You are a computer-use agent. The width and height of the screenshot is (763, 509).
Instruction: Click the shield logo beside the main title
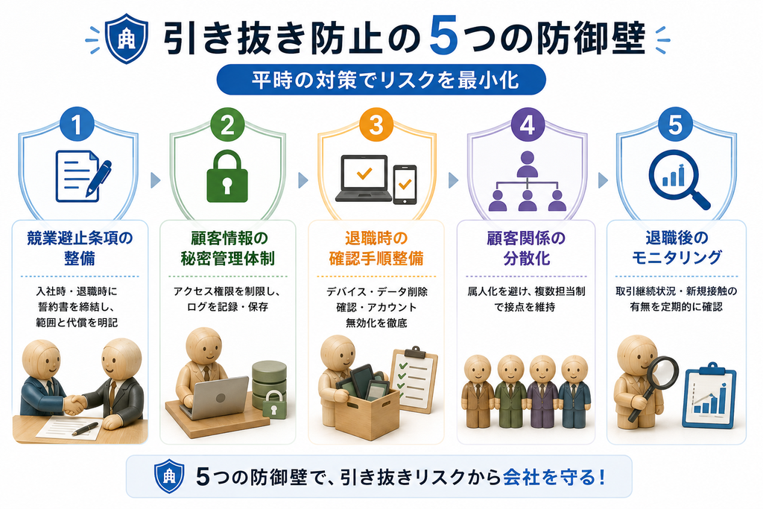point(127,39)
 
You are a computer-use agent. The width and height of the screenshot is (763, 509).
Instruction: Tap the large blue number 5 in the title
point(444,36)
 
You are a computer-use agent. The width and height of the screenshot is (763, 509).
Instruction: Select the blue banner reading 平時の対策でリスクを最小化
point(381,79)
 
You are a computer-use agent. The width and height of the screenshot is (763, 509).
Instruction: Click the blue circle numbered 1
point(77,124)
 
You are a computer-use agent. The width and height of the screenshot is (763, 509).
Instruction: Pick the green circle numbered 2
point(227,124)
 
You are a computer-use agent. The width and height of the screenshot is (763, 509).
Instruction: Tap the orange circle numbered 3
point(376,124)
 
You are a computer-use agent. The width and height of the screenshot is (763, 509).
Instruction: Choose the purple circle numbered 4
point(527,124)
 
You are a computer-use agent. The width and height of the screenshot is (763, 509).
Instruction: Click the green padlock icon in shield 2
point(227,176)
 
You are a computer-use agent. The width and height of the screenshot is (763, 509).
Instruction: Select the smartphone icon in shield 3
point(405,184)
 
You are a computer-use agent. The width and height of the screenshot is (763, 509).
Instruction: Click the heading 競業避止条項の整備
point(80,248)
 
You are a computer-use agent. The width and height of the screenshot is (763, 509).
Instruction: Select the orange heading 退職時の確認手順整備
point(376,248)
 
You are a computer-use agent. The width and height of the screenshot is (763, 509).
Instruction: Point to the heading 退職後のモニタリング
point(677,247)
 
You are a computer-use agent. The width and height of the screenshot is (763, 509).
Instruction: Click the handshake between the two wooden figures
point(75,403)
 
